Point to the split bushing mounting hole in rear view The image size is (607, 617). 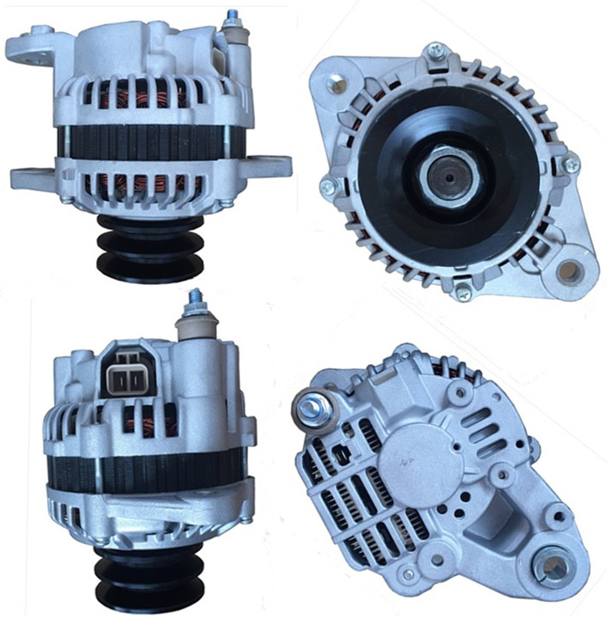click(552, 567)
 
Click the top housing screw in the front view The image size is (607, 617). click(436, 51)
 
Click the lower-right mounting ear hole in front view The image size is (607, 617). click(569, 271)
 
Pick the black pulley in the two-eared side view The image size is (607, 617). click(149, 247)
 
